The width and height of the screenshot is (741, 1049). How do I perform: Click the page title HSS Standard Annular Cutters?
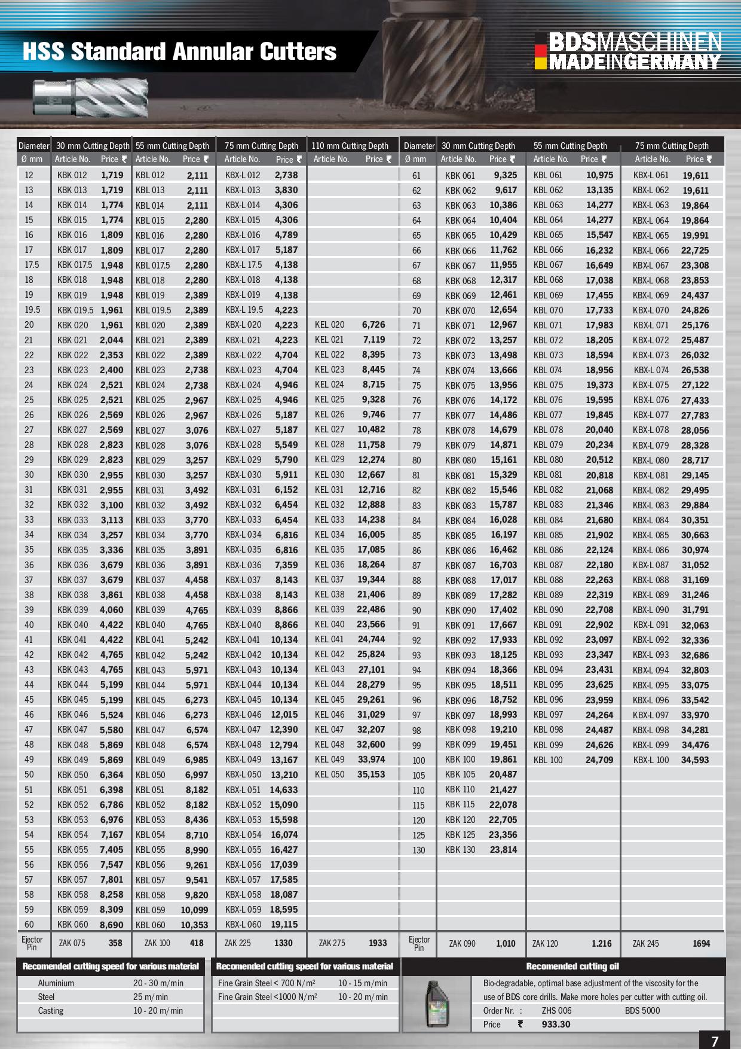coord(179,52)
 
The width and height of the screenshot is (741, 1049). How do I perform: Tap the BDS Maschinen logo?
coord(628,51)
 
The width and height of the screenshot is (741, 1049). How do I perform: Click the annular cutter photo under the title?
coord(90,97)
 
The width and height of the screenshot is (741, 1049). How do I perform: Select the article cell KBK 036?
coord(72,565)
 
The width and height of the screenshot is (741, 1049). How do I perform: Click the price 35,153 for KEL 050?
coord(371,774)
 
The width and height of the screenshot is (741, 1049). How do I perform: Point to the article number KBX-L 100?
coord(651,760)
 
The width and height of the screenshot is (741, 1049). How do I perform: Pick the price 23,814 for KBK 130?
coord(503,850)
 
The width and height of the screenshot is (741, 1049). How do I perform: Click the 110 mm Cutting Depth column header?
coord(350,146)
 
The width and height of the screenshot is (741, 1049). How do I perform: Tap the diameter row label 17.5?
coord(32,265)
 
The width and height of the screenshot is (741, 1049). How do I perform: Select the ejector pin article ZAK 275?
coord(332,943)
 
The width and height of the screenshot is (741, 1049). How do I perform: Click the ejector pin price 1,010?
coord(506,944)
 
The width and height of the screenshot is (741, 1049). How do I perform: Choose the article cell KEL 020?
coord(329,325)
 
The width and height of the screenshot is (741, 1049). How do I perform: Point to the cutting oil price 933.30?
coord(556,1024)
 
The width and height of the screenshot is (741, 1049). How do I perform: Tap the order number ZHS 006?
coord(556,1011)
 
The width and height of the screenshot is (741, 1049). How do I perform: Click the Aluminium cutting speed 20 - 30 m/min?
coord(158,983)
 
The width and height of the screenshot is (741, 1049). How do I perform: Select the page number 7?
coord(715,1041)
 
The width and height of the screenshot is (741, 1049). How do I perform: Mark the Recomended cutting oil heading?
coord(572,966)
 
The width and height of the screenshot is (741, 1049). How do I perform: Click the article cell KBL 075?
coord(548,385)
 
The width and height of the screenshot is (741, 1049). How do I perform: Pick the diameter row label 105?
coord(419,775)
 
